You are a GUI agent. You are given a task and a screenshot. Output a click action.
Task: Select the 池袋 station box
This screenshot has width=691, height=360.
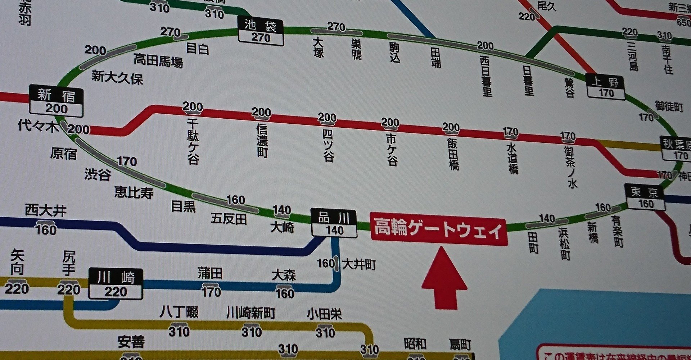pos(261,32)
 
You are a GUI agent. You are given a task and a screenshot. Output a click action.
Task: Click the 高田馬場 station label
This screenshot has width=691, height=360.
pos(158,60)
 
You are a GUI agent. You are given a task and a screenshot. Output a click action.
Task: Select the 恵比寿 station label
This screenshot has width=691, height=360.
pos(134,192)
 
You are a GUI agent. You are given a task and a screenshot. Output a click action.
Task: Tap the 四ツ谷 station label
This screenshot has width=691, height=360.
pos(328,145)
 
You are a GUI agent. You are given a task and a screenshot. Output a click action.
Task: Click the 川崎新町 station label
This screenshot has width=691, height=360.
pos(251,313)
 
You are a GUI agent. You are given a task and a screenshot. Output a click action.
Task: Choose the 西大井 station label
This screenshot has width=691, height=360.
pos(46,211)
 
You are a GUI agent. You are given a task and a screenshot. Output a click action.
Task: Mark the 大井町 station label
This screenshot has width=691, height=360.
pos(359,265)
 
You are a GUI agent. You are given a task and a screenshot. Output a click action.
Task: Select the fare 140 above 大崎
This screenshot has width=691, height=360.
pos(281,210)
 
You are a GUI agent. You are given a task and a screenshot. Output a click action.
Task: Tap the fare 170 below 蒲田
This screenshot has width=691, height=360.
pos(211,292)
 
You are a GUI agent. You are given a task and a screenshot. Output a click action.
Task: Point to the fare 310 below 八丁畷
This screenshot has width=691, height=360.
pos(179,331)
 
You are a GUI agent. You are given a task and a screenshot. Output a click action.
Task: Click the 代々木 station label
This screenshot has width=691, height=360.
pos(38,126)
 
